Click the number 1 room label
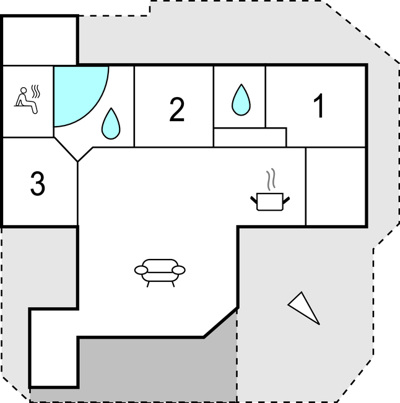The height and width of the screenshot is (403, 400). point(319,106)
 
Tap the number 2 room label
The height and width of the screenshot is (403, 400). point(177,109)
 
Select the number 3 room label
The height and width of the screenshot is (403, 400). point(38,184)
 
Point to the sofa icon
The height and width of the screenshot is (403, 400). point(160,271)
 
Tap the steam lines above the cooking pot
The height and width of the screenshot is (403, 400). point(271,180)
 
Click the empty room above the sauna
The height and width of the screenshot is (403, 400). point(39,40)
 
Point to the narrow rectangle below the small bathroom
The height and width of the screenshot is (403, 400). point(250,137)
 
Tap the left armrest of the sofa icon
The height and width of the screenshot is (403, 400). point(140,269)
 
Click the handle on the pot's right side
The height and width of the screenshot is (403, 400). point(286,198)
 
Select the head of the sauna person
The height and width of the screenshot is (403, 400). point(24,91)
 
